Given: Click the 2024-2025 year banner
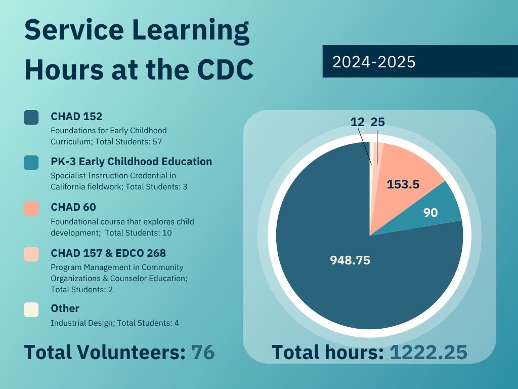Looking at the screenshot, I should click(x=420, y=61).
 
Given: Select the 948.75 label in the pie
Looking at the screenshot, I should click(x=350, y=260).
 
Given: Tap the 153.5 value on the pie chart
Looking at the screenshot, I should click(x=403, y=184).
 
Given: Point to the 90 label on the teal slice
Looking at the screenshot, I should click(x=430, y=213).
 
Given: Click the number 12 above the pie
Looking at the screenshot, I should click(x=357, y=122).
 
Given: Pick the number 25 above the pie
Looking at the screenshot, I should click(x=378, y=122).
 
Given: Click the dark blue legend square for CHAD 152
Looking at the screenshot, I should click(x=31, y=117).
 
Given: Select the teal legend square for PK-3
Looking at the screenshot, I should click(x=31, y=163).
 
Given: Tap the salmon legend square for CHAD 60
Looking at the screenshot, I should click(x=31, y=208).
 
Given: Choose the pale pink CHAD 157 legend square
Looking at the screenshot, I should click(x=31, y=254).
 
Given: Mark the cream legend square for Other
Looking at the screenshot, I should click(x=31, y=309).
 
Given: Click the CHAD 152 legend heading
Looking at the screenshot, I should click(x=76, y=116).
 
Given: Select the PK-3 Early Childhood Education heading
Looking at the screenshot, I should click(x=131, y=162).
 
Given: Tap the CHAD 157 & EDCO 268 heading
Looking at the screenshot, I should click(x=108, y=253).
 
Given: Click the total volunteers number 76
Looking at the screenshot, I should click(x=203, y=352).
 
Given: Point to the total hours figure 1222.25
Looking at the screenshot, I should click(x=428, y=353).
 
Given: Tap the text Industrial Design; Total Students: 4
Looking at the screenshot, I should click(x=115, y=323).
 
